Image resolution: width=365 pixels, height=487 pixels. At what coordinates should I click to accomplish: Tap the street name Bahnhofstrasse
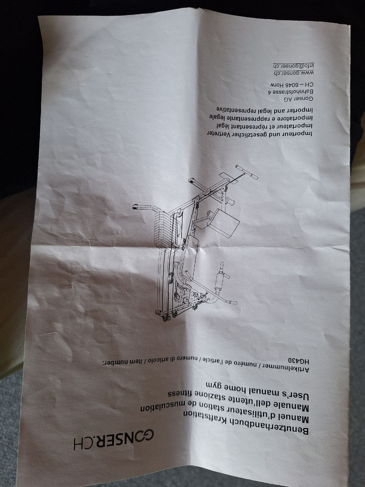tap(291, 92)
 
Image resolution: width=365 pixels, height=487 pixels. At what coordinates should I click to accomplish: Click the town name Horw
tap(276, 85)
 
